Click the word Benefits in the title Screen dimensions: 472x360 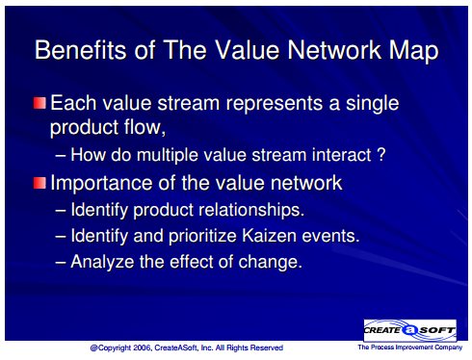pos(80,50)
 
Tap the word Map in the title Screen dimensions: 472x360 pos(414,51)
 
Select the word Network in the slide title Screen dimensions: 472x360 pos(334,50)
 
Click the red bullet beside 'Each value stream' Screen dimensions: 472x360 pos(39,103)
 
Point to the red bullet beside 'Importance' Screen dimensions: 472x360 pos(39,183)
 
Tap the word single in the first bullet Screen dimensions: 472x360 pos(372,104)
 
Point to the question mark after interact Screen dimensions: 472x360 pos(380,155)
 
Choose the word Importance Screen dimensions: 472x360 pos(102,184)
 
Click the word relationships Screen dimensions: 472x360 pos(251,210)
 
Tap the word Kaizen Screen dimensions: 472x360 pos(269,236)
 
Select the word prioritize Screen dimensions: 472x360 pos(202,237)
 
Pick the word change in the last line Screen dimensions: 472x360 pos(271,263)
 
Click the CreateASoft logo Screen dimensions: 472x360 pos(410,330)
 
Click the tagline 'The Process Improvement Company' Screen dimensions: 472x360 pos(410,347)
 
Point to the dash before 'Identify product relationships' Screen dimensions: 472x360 pos(61,211)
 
